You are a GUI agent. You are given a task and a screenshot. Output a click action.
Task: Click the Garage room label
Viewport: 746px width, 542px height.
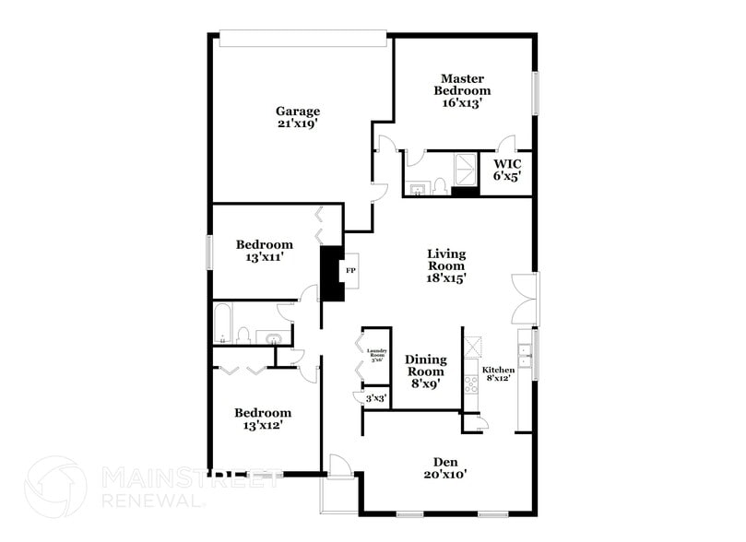coord(297,112)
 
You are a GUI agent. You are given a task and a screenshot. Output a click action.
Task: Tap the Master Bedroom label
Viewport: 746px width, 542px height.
coord(462,85)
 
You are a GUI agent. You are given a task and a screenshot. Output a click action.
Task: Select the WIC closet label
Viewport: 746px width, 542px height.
coord(506,164)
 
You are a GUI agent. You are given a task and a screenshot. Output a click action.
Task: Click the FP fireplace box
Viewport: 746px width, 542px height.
coord(350,272)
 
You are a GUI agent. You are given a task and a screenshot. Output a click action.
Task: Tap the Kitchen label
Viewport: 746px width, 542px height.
coord(499,370)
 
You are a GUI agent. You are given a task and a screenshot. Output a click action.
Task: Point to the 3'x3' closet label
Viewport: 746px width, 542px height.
coord(375,398)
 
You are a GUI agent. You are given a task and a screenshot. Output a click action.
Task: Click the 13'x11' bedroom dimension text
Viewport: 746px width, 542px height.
coord(264,257)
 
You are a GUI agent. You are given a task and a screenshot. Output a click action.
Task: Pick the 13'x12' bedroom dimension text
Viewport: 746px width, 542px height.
coord(262,426)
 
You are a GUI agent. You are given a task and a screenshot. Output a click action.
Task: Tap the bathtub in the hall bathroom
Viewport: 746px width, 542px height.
coord(222,324)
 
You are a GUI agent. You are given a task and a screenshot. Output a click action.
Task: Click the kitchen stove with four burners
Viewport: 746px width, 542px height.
coord(471,380)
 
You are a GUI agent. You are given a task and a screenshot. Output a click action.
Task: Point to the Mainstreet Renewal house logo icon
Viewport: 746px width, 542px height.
coord(55,487)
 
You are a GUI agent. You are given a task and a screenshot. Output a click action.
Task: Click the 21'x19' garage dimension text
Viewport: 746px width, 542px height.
coord(297,124)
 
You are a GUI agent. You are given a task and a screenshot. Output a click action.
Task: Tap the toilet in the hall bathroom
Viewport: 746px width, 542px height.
coord(243,334)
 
